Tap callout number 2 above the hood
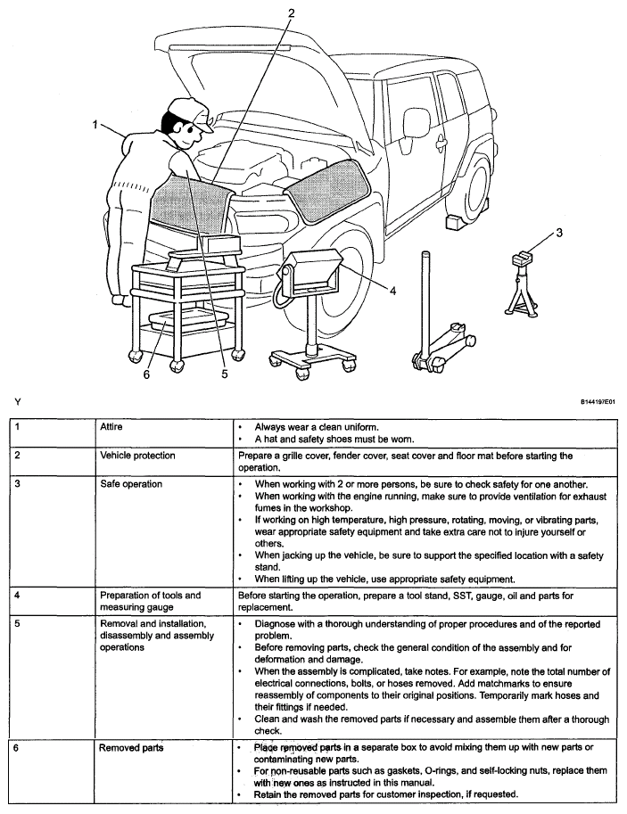click(x=292, y=12)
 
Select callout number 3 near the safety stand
click(x=559, y=234)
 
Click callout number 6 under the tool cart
click(x=147, y=374)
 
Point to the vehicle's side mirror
click(x=416, y=123)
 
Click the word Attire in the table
click(x=112, y=428)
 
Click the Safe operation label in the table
click(x=131, y=484)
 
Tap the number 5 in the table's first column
click(x=16, y=624)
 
